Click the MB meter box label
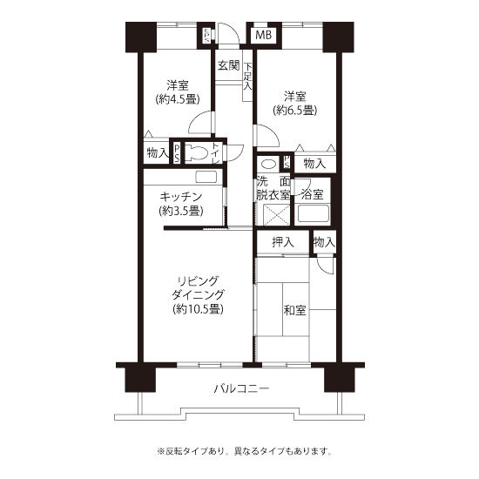click(x=263, y=35)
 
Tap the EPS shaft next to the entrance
click(x=206, y=36)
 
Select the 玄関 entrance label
click(x=228, y=65)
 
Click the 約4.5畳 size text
click(x=178, y=99)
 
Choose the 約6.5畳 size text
click(x=294, y=111)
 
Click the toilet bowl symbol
click(x=197, y=152)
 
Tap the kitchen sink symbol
click(x=206, y=177)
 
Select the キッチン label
click(x=181, y=197)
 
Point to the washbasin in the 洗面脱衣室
click(x=268, y=164)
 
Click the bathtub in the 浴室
click(x=314, y=213)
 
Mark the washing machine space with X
click(x=276, y=215)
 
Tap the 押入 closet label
click(x=283, y=243)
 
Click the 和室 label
click(x=294, y=310)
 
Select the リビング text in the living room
click(x=199, y=281)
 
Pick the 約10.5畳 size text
click(x=198, y=309)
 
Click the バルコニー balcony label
click(x=241, y=389)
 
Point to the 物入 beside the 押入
click(x=325, y=243)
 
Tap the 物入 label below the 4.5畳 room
click(x=158, y=152)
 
